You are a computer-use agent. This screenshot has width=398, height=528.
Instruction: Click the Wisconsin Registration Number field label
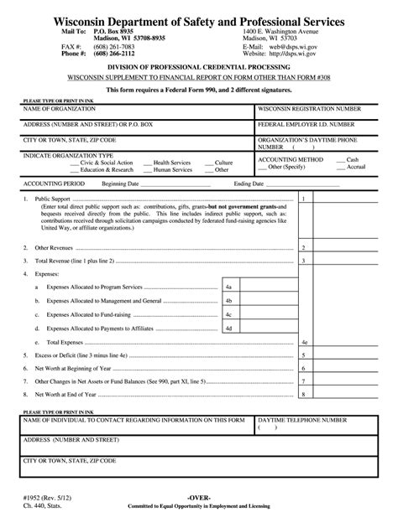click(309, 109)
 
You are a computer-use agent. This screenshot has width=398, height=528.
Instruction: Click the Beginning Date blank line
click(180, 184)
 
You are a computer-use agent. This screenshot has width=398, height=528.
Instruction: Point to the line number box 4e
click(306, 344)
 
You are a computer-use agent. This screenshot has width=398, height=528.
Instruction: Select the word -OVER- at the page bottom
click(199, 499)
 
